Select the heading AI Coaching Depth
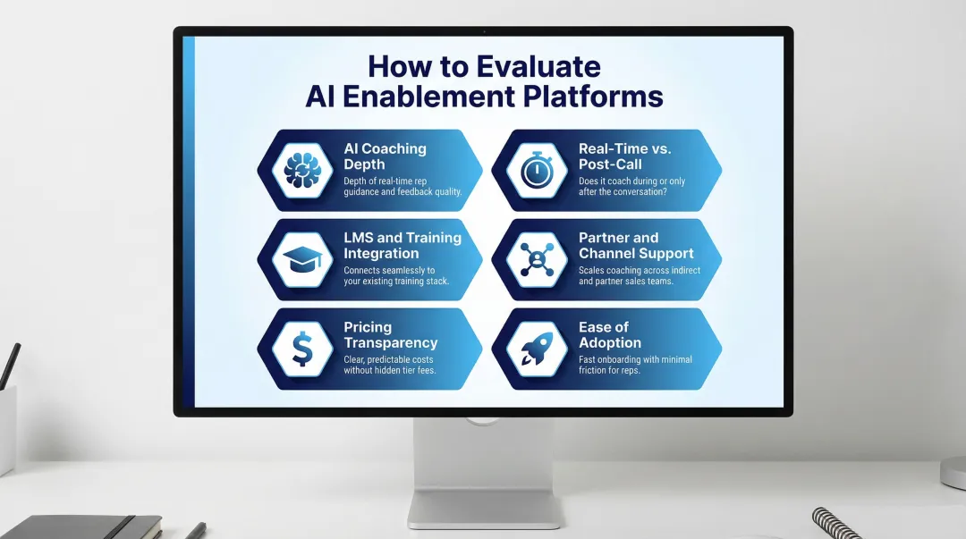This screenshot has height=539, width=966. pos(385,156)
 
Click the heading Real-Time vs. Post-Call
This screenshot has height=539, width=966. pos(624,156)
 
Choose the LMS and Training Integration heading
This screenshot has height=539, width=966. pos(402,245)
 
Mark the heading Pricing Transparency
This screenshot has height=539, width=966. pos(390,334)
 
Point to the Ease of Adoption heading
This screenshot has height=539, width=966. pos(610,334)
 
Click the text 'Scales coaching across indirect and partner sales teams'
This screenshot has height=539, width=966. pos(640,275)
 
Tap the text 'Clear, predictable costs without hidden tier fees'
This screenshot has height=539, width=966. pos(390,365)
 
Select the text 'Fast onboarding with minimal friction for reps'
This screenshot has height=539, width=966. pos(635,365)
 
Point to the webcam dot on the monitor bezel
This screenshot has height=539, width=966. pos(483,31)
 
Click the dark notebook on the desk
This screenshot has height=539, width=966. pos(80,526)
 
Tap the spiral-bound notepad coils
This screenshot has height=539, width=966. pos(836,523)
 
